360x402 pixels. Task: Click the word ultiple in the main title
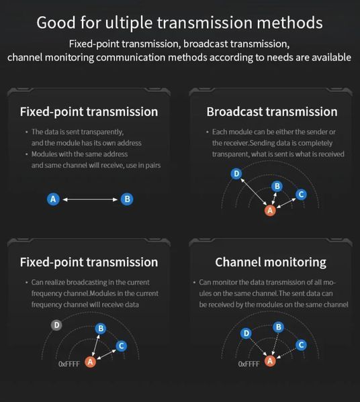tap(129, 23)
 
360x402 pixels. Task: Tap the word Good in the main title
tap(56, 23)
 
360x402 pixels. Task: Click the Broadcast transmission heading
tap(272, 112)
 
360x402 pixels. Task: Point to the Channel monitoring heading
tap(271, 262)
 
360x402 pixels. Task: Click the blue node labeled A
tap(53, 199)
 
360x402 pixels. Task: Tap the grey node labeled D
tap(56, 325)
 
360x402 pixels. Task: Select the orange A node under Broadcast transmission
tap(270, 211)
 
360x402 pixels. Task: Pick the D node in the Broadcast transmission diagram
tap(236, 174)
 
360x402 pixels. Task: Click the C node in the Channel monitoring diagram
tap(301, 345)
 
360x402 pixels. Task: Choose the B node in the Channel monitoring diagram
tap(279, 327)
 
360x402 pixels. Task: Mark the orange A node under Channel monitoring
tap(270, 361)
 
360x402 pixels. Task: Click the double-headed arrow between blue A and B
tap(90, 199)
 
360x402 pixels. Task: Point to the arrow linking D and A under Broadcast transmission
tap(253, 192)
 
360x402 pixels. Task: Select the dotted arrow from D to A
tap(259, 347)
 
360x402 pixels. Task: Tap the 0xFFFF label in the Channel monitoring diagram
tap(249, 364)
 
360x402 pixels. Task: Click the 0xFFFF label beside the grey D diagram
tap(69, 364)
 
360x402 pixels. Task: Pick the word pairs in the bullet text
tap(153, 165)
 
